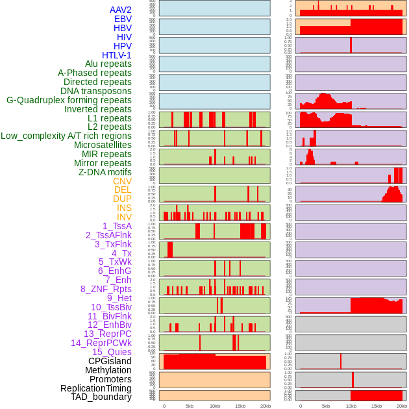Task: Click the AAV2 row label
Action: point(121,10)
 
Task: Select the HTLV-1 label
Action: point(116,55)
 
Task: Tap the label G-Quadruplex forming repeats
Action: point(69,100)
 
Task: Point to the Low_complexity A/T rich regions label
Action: point(66,136)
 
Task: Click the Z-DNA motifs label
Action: point(105,172)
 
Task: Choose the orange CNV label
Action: point(122,181)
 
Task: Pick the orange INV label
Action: point(124,217)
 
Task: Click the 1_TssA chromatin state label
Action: point(117,226)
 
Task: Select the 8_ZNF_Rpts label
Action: point(106,289)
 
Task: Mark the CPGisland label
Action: point(110,361)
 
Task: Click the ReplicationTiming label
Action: point(95,388)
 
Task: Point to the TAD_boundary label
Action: point(101,397)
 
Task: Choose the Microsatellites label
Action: point(103,145)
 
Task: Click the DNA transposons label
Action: point(96,91)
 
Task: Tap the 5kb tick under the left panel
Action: point(190,406)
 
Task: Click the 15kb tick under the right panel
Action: point(377,406)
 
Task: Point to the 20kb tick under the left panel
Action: point(265,406)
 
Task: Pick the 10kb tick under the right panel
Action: point(351,406)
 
